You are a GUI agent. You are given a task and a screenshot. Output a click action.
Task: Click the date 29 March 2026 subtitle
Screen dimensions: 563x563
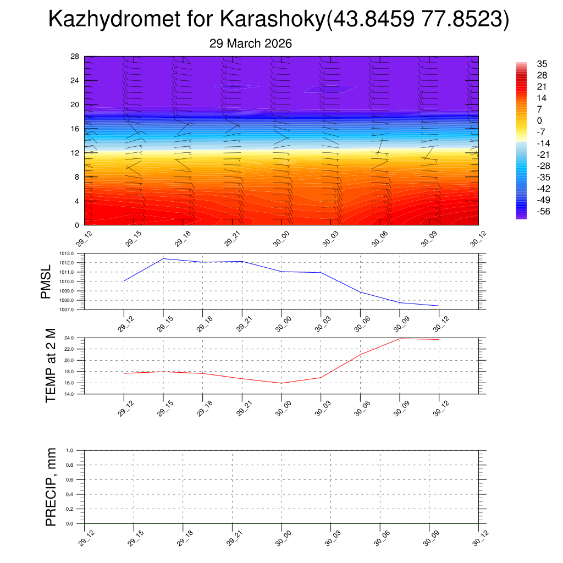point(251,43)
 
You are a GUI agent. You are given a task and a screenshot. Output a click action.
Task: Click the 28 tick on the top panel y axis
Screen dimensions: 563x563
point(75,56)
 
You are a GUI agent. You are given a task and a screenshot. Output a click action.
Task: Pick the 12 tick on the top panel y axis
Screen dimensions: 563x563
point(75,153)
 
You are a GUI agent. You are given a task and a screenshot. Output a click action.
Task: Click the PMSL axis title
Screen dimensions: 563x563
point(46,281)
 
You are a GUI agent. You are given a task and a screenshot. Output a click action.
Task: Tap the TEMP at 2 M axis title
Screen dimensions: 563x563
point(51,366)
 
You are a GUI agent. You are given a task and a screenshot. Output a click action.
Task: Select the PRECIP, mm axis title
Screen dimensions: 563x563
point(51,487)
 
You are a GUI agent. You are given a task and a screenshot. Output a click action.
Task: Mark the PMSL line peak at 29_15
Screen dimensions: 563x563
point(163,258)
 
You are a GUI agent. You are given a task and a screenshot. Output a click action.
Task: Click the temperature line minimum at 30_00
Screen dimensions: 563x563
point(281,383)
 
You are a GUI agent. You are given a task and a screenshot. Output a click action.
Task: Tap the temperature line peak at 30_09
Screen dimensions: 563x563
point(400,339)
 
